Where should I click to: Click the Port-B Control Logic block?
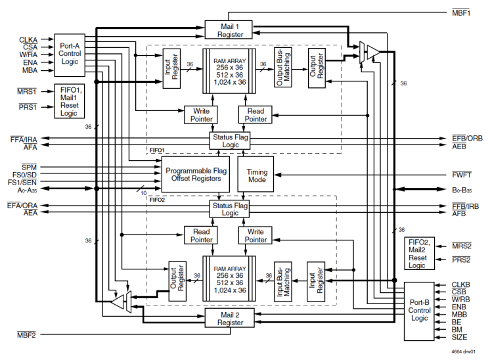pos(421,311)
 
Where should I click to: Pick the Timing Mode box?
pos(257,174)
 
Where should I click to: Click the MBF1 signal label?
pos(461,12)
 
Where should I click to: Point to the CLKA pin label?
pos(29,40)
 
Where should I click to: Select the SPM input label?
pos(30,167)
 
